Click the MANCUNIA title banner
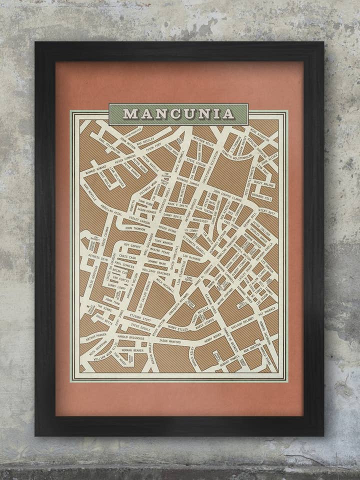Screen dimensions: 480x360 (178, 114)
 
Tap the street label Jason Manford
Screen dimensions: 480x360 (173, 341)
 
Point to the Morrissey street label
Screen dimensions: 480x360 (199, 220)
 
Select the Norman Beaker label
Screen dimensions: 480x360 (131, 350)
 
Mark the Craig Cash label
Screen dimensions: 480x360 (127, 256)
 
